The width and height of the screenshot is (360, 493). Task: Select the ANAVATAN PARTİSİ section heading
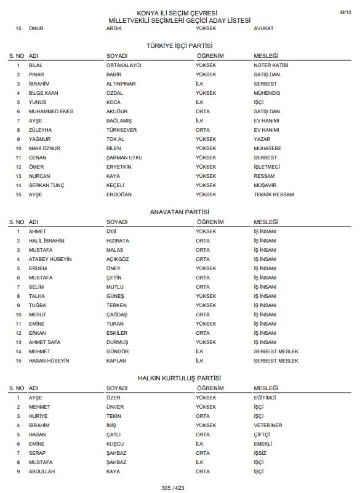(x=180, y=212)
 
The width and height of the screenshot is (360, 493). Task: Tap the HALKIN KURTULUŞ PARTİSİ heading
(x=180, y=378)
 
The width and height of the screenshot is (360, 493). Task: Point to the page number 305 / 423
(x=180, y=487)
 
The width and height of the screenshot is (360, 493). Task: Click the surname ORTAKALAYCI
(x=124, y=65)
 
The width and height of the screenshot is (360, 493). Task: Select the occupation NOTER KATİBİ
(x=271, y=65)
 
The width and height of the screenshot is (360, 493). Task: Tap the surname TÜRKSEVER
(x=121, y=130)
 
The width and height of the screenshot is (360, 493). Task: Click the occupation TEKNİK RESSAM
(x=274, y=194)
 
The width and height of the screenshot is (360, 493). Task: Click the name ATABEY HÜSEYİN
(x=50, y=259)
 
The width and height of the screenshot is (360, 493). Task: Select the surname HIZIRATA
(x=118, y=241)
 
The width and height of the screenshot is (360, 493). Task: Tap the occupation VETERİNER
(x=268, y=425)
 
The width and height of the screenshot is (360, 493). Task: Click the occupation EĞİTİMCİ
(x=266, y=398)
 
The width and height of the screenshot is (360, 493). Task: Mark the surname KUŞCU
(x=115, y=444)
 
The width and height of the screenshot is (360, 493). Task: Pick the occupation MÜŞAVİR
(x=265, y=185)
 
